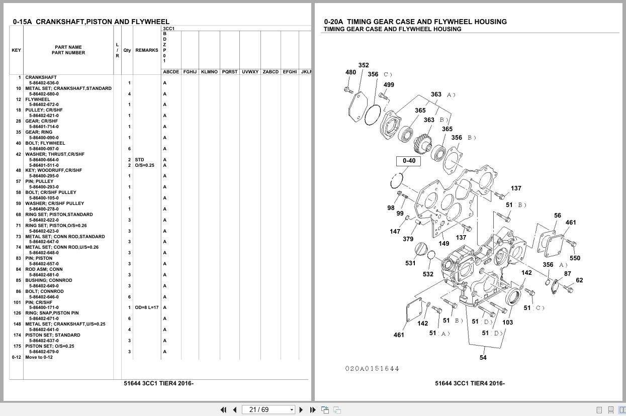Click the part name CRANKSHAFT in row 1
pyautogui.click(x=41, y=77)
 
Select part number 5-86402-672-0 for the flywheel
pyautogui.click(x=44, y=105)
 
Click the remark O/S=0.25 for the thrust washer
pyautogui.click(x=144, y=165)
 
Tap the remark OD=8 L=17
pyautogui.click(x=146, y=307)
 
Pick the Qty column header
pyautogui.click(x=127, y=50)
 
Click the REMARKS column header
pyautogui.click(x=146, y=50)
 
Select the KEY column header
pyautogui.click(x=16, y=50)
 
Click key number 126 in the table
pyautogui.click(x=17, y=313)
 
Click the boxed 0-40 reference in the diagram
pyautogui.click(x=409, y=161)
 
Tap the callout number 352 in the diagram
pyautogui.click(x=364, y=65)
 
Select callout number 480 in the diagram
pyautogui.click(x=350, y=72)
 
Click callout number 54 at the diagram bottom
pyautogui.click(x=483, y=358)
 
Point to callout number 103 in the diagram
pyautogui.click(x=507, y=323)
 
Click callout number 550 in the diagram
pyautogui.click(x=575, y=258)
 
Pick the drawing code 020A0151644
pyautogui.click(x=372, y=369)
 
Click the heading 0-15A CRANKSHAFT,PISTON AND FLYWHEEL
pyautogui.click(x=91, y=22)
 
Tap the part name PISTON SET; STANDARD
pyautogui.click(x=52, y=335)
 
